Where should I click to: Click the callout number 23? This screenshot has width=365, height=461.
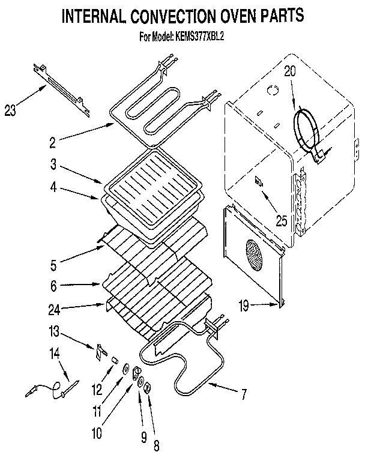[11, 110]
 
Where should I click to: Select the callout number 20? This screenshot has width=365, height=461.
[290, 71]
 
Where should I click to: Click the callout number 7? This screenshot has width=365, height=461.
[243, 394]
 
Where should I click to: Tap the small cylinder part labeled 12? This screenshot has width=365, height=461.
[112, 359]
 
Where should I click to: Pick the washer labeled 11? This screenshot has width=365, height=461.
[125, 370]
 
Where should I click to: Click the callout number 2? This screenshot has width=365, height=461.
[52, 143]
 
